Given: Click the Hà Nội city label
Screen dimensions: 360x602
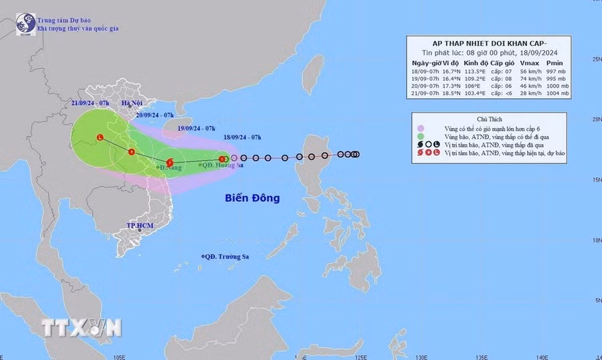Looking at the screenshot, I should (x=133, y=102).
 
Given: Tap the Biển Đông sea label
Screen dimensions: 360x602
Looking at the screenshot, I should (x=252, y=198).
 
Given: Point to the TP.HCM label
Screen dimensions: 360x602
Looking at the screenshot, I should (x=140, y=226).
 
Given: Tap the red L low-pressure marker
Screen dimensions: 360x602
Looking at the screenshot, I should (x=100, y=138).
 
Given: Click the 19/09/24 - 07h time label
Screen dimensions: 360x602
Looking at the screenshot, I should (x=197, y=128).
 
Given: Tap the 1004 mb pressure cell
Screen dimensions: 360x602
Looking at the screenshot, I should (x=557, y=93).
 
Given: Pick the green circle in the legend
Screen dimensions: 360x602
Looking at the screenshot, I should (x=420, y=135).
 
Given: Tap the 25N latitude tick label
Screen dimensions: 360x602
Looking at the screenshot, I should (x=594, y=59).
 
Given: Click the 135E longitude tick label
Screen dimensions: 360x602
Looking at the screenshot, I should (x=479, y=356).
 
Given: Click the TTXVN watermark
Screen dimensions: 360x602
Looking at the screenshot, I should (x=82, y=327).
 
